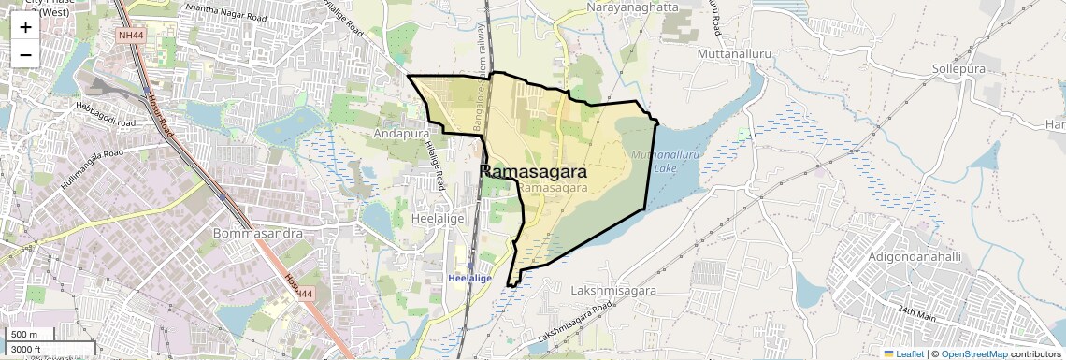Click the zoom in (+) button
click(25, 26)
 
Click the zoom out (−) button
click(25, 54)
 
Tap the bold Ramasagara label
click(534, 172)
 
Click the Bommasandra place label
click(253, 232)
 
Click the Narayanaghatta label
click(633, 7)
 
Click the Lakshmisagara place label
click(613, 291)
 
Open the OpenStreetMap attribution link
click(974, 353)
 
